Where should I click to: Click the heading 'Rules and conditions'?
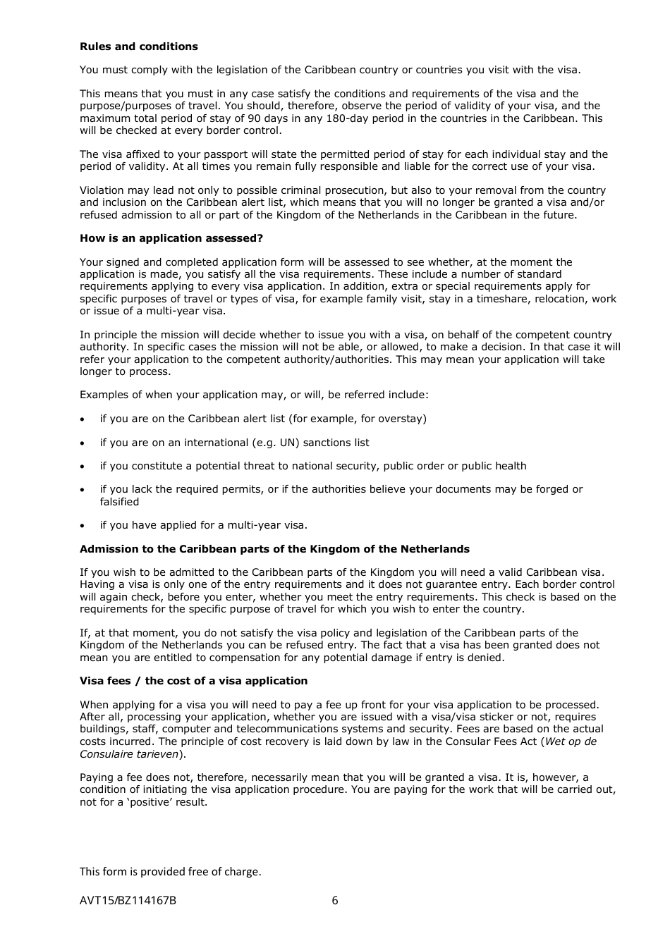pyautogui.click(x=138, y=47)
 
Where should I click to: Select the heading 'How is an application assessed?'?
pyautogui.click(x=171, y=238)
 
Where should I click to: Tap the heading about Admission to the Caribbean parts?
pyautogui.click(x=274, y=549)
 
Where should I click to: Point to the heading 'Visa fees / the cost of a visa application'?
pyautogui.click(x=193, y=681)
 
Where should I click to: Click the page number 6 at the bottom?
pyautogui.click(x=335, y=900)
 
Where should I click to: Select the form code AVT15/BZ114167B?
pyautogui.click(x=128, y=900)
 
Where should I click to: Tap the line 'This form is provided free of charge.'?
pyautogui.click(x=170, y=871)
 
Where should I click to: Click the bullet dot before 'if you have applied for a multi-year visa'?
pyautogui.click(x=83, y=526)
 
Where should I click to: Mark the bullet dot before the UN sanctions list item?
pyautogui.click(x=83, y=443)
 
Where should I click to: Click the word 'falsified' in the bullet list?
pyautogui.click(x=119, y=502)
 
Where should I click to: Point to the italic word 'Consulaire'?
pyautogui.click(x=104, y=753)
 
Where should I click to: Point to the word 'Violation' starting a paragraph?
pyautogui.click(x=103, y=190)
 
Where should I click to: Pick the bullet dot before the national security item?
pyautogui.click(x=83, y=467)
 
